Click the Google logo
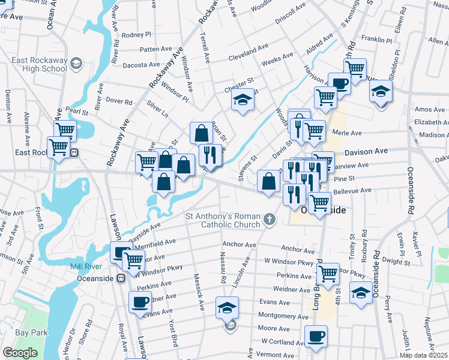pos(20,353)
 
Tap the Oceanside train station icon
pos(120,278)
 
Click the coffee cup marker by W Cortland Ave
pos(316,336)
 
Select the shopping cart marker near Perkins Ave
pos(327,274)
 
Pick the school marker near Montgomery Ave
pos(227,308)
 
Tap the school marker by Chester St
pos(243,100)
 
